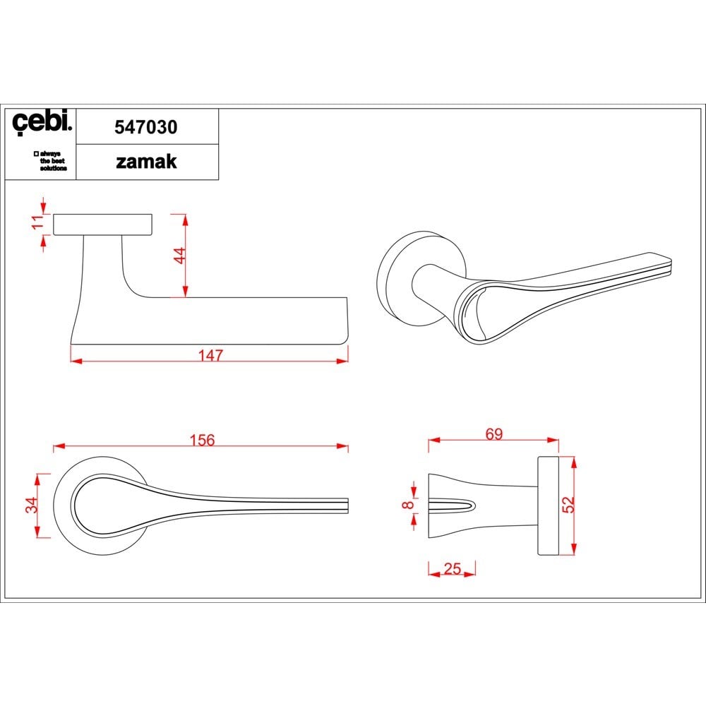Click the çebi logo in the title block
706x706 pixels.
point(42,122)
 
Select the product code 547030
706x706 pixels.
point(146,127)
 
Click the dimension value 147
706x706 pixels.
point(210,356)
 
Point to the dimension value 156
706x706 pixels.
point(202,440)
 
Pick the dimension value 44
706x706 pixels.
point(179,256)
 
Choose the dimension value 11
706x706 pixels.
point(38,222)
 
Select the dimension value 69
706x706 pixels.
point(494,433)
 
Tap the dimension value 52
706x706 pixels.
point(568,504)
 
